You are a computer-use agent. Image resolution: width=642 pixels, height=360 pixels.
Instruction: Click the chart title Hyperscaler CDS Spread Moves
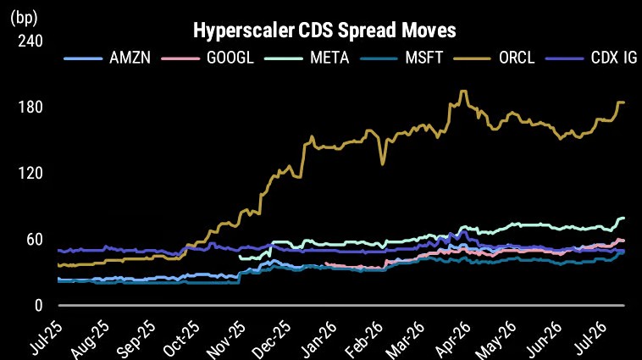coord(324,30)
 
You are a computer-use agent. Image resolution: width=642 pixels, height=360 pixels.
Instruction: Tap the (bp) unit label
coord(24,18)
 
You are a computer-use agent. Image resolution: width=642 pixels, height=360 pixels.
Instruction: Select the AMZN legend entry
coord(108,58)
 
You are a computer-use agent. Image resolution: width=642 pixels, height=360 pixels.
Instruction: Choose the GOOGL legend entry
coord(208,58)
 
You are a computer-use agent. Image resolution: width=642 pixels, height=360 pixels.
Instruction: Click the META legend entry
coord(307,58)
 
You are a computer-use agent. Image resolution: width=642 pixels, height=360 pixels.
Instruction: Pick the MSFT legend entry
coord(401,58)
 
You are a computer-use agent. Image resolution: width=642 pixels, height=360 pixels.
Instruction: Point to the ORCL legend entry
coord(494,58)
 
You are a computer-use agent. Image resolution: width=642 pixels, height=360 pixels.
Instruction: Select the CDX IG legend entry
coord(591,58)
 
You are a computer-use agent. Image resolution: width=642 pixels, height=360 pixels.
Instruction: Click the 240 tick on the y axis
coord(30,41)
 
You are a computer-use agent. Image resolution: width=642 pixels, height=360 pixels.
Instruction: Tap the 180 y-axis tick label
coord(30,108)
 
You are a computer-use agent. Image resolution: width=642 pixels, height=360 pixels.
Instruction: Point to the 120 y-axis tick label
coord(30,174)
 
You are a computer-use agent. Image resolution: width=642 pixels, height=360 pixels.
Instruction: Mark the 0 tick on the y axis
coord(38,306)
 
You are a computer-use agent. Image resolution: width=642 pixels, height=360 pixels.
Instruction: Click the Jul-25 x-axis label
coord(46,338)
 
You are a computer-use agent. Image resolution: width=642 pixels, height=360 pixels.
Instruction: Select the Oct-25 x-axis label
coord(181,338)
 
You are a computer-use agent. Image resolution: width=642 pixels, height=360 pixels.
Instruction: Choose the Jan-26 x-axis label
coord(318,338)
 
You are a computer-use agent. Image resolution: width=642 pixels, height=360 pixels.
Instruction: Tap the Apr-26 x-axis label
coord(453,338)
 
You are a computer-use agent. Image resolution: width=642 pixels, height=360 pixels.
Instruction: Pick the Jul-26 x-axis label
coord(589,338)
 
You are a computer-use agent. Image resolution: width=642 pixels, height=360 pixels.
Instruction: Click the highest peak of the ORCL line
coord(463,91)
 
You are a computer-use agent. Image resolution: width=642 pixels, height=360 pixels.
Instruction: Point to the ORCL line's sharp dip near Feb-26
coord(383,164)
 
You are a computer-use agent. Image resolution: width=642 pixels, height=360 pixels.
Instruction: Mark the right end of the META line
coord(623,218)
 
